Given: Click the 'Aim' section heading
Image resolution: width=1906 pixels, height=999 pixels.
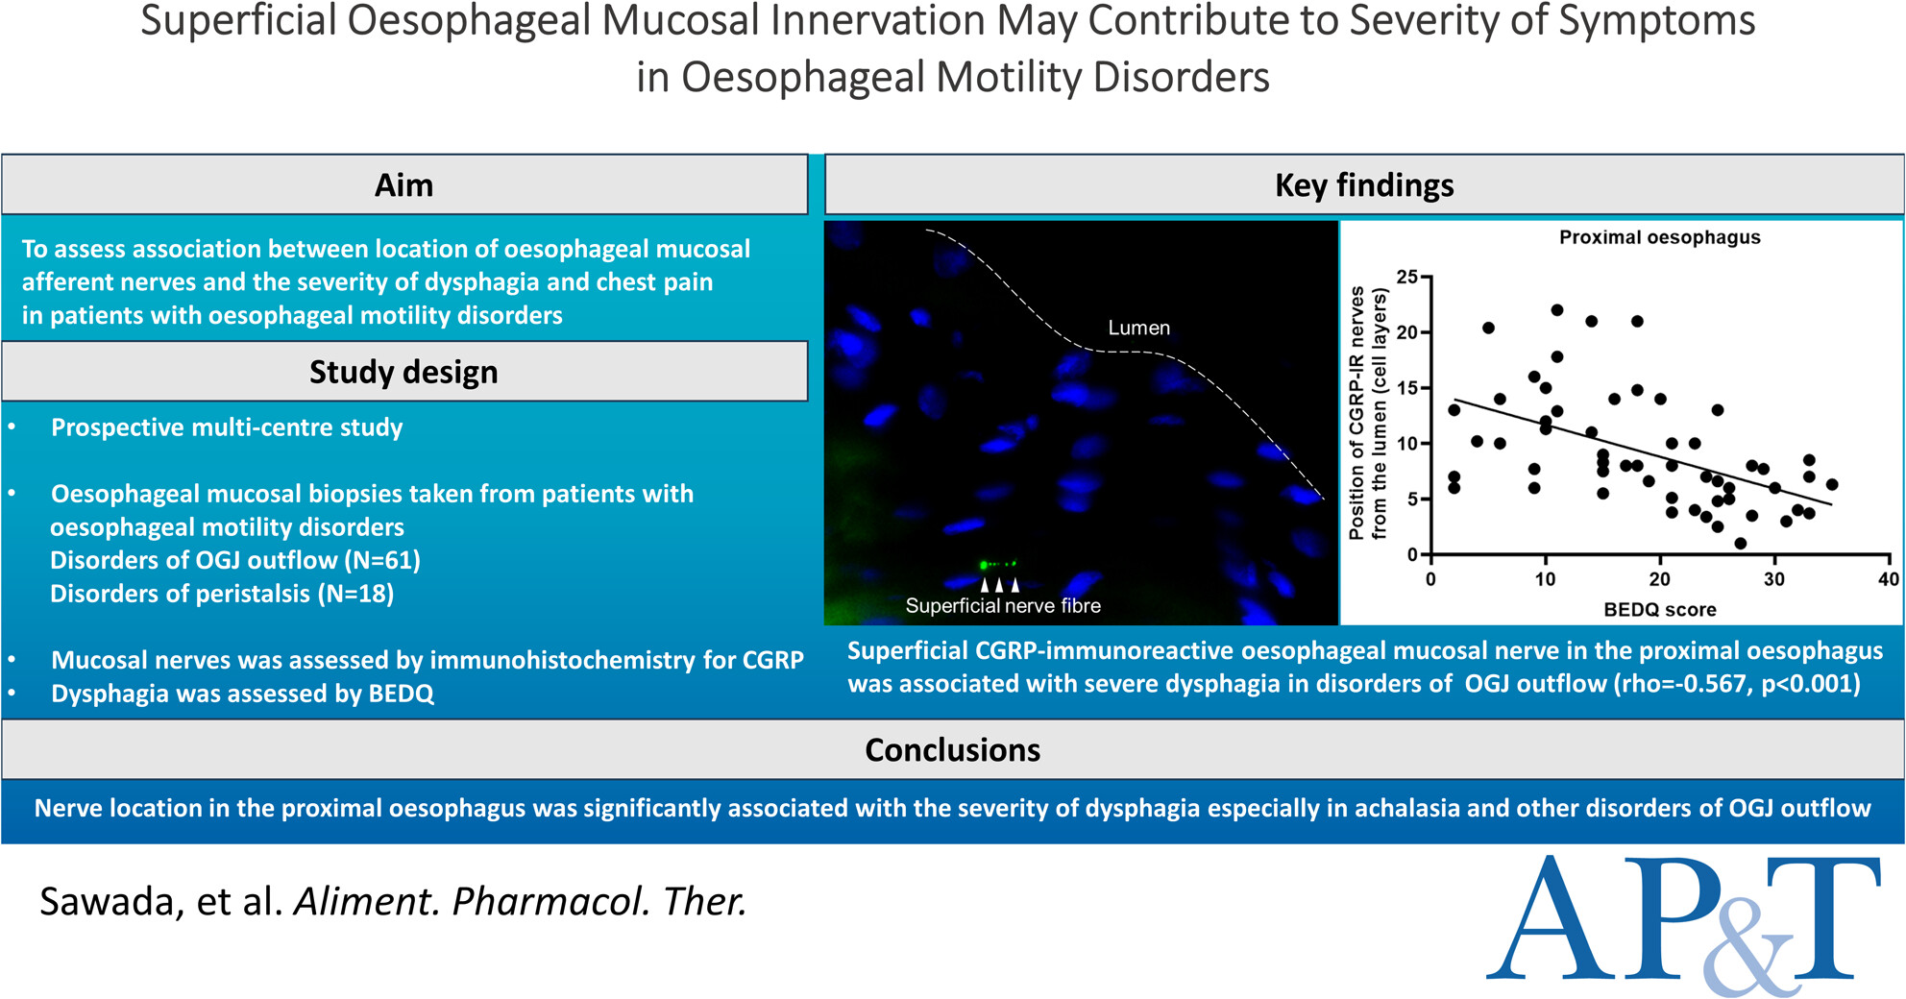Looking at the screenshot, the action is click(x=403, y=184).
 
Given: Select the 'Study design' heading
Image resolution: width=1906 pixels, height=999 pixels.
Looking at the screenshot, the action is click(x=403, y=372).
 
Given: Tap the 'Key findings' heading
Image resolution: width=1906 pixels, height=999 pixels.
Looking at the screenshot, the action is click(x=1364, y=185).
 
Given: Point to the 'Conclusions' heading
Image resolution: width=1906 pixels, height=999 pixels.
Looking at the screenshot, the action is click(x=952, y=749).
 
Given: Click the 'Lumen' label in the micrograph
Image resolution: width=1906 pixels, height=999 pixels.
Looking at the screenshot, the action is click(x=1138, y=328).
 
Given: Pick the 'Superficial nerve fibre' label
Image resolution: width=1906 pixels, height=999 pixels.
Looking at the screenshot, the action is click(x=1003, y=605).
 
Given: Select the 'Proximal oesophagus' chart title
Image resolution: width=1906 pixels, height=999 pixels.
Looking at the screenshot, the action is click(x=1659, y=237).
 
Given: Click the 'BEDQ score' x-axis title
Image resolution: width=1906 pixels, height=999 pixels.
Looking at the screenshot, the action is click(x=1659, y=609).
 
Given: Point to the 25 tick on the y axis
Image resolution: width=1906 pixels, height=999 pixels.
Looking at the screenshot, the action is click(x=1407, y=278).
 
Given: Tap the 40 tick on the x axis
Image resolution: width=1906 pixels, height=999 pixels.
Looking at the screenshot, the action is click(x=1888, y=579).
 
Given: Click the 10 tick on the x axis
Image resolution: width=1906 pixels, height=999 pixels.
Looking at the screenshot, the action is click(x=1545, y=579).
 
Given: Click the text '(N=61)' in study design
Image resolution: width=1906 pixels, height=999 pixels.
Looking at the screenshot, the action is click(x=382, y=560).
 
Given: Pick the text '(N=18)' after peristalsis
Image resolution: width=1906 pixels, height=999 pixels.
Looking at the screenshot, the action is click(x=355, y=594).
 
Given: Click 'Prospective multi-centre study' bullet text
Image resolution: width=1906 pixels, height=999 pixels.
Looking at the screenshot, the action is click(x=227, y=427).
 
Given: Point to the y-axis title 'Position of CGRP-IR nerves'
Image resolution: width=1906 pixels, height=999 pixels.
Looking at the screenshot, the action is click(x=1356, y=413).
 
